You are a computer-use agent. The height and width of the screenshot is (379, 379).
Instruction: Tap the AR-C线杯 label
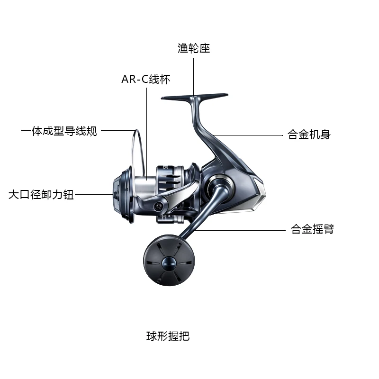tap(145, 79)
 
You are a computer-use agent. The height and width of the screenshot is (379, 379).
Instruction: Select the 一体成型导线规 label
tap(59, 131)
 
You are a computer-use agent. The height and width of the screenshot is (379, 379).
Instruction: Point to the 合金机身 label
tap(309, 135)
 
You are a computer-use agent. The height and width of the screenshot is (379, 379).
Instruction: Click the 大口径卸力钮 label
tap(41, 195)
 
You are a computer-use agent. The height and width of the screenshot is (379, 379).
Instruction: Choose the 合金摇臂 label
tap(312, 230)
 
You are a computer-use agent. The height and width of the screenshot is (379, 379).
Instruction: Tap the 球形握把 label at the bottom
tap(168, 337)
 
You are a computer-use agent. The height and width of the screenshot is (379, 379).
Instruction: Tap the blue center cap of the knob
tap(168, 264)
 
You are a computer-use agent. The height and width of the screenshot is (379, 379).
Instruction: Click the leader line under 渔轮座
tap(193, 76)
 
